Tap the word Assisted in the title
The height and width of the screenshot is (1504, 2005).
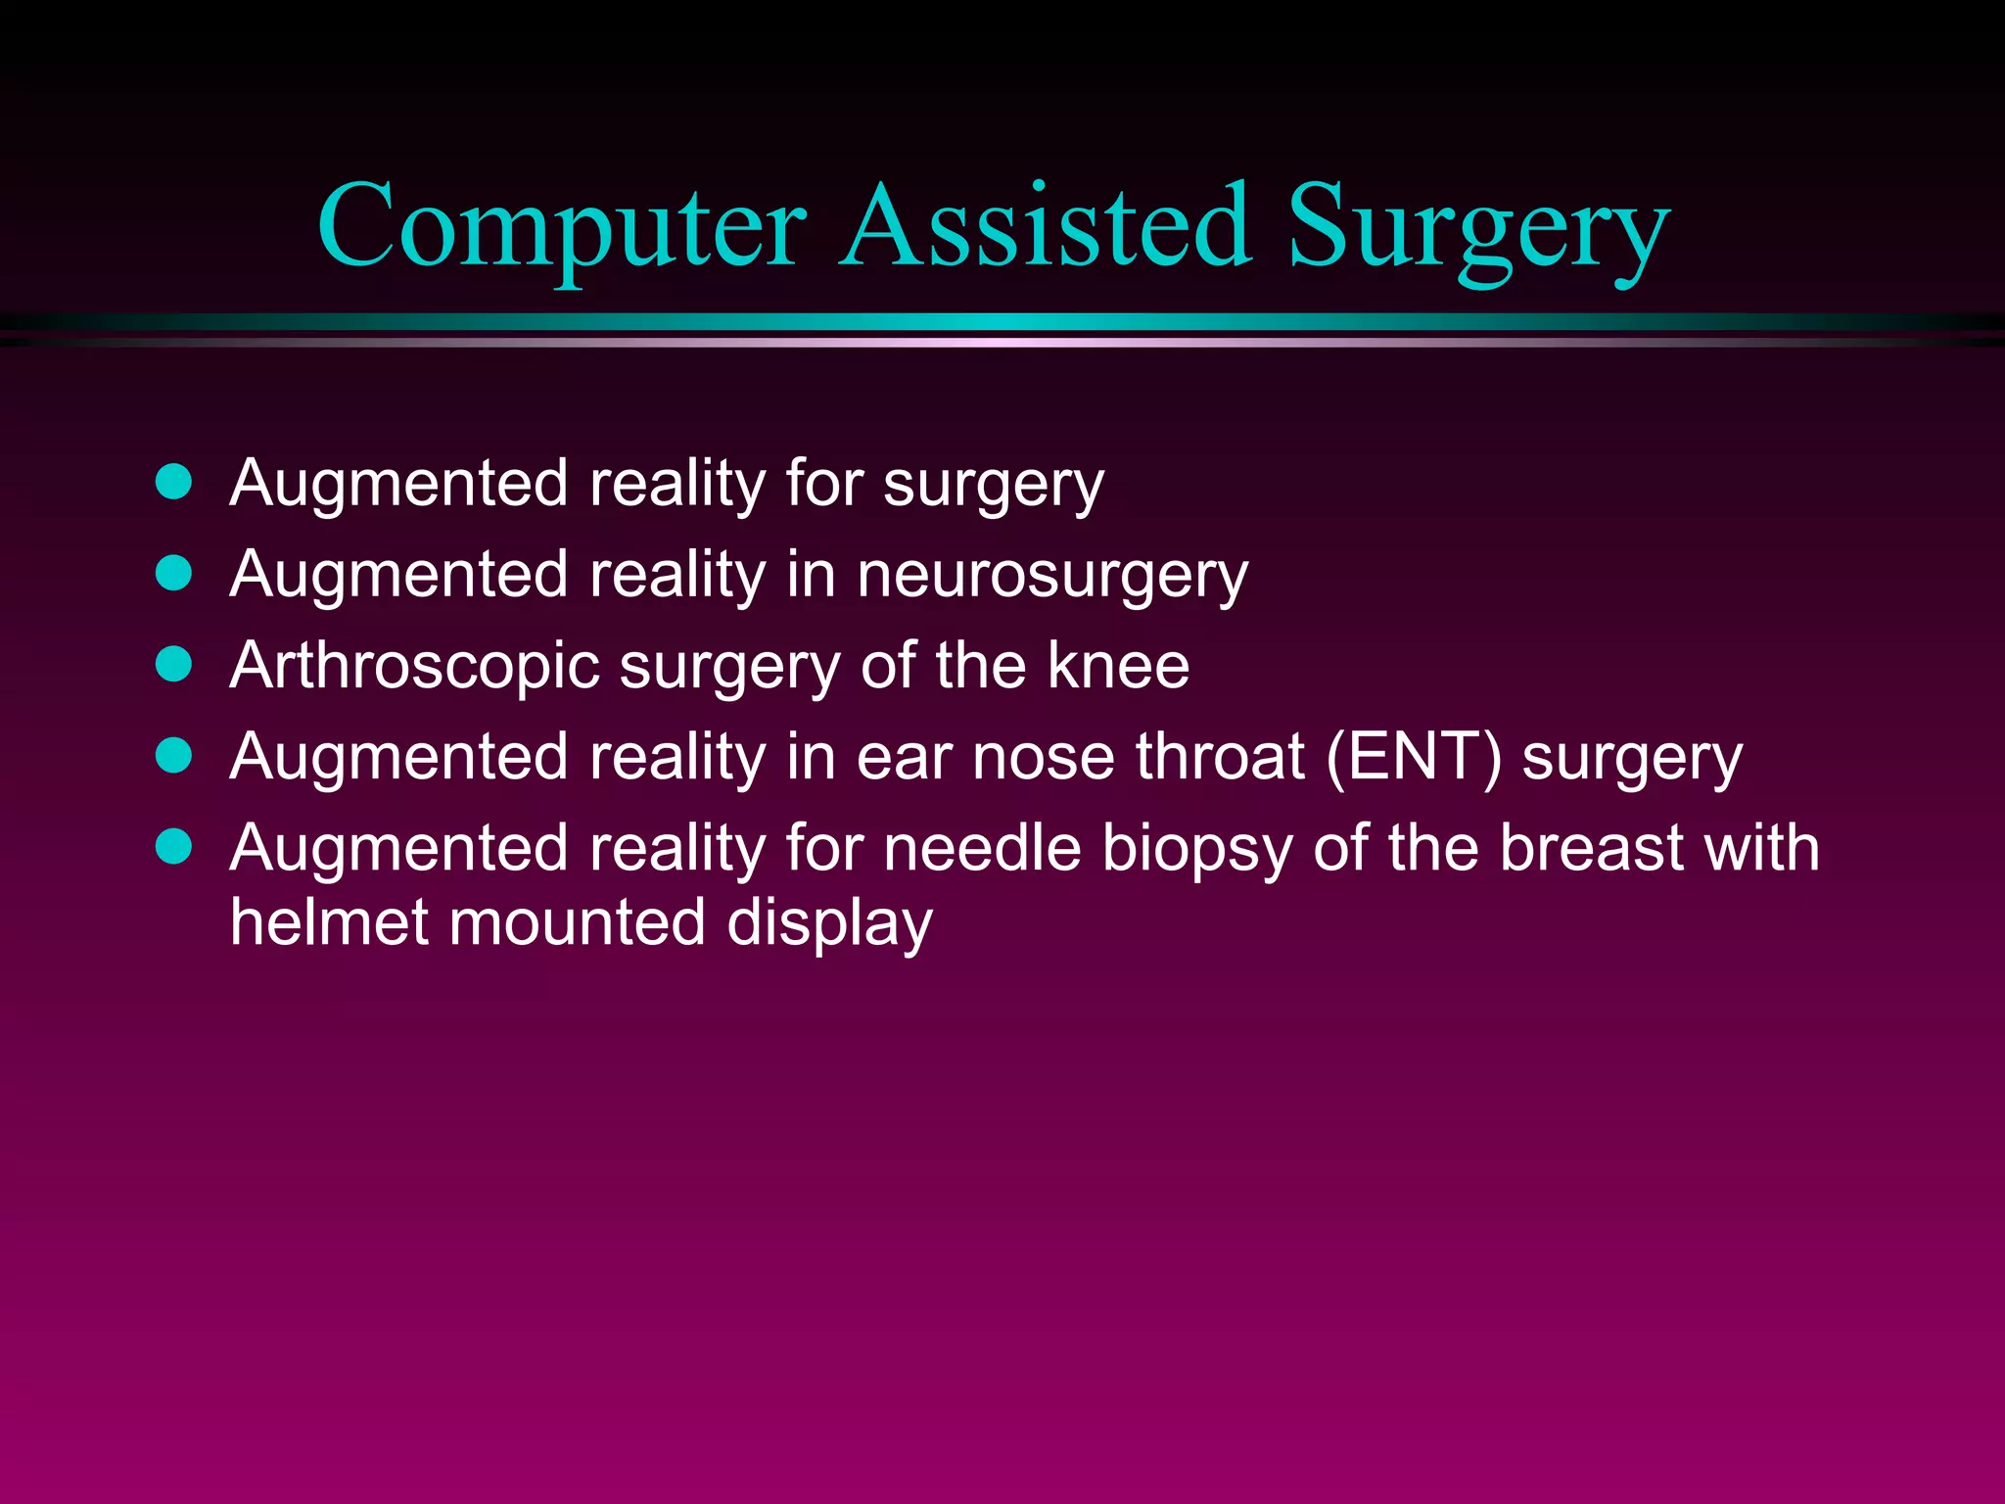click(x=1046, y=227)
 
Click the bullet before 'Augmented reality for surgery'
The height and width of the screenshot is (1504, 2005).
click(x=174, y=483)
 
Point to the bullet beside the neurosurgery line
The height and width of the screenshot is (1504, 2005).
click(x=174, y=574)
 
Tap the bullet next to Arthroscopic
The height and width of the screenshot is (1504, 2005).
click(x=174, y=665)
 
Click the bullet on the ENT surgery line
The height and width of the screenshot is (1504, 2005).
click(x=174, y=756)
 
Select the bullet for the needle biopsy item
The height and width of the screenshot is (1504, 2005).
click(x=174, y=847)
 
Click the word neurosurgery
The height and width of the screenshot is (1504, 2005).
click(x=1052, y=576)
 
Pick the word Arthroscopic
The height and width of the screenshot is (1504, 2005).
click(x=414, y=667)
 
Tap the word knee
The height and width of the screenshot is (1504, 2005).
click(x=1118, y=666)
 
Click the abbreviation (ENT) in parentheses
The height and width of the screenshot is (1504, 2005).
click(x=1413, y=758)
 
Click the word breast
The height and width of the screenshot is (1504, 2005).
click(x=1591, y=848)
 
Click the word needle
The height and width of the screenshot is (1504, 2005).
click(x=982, y=848)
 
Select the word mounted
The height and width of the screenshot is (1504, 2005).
click(x=578, y=923)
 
